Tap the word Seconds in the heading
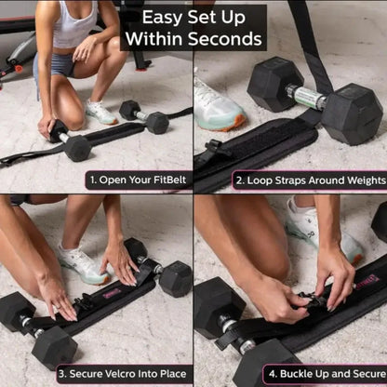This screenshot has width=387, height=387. coord(228,40)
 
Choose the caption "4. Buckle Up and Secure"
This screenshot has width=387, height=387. coord(323,373)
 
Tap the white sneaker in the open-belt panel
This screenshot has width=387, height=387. coord(100,112)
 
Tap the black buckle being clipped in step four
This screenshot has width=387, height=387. coord(307,300)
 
